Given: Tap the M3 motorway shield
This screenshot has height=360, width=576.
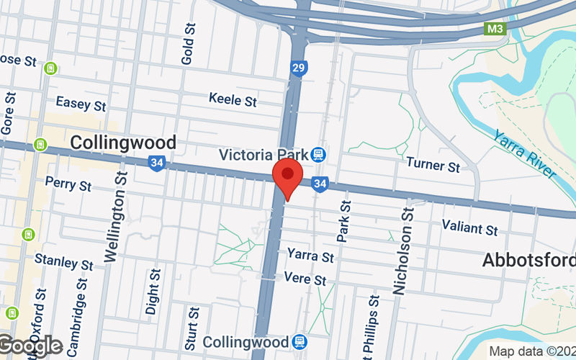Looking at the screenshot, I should [x=493, y=29].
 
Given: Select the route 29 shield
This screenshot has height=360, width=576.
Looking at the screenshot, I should [x=299, y=68].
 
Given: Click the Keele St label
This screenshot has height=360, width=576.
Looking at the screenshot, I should [x=233, y=100].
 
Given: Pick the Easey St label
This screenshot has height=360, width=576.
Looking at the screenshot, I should [x=81, y=104].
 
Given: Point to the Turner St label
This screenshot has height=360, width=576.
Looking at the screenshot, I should [x=433, y=166].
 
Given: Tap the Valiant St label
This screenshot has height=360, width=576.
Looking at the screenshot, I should [x=469, y=230].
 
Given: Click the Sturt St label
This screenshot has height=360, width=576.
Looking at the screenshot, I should [x=193, y=322].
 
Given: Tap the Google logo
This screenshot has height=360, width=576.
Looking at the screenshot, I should [x=30, y=346].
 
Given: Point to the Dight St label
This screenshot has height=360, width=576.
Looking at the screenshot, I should [x=153, y=292].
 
